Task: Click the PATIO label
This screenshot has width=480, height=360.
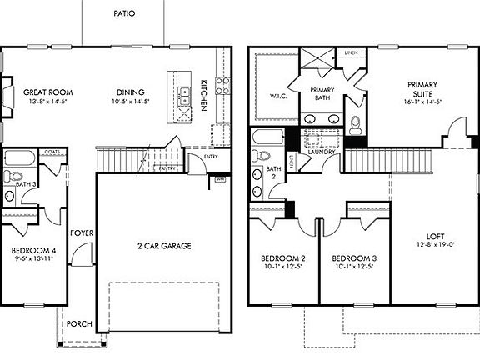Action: tap(124, 13)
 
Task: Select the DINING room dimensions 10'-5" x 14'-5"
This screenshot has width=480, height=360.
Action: tap(131, 102)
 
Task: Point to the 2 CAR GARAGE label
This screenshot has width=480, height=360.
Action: tap(164, 246)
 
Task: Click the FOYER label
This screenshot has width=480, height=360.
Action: tap(81, 233)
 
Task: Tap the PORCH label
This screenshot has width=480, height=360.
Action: tap(80, 324)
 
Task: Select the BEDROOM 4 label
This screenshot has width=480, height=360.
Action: tap(34, 249)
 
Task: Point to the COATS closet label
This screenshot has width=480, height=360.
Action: tap(52, 152)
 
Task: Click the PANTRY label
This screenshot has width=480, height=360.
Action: tap(167, 168)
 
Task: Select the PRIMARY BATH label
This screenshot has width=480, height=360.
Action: tap(322, 94)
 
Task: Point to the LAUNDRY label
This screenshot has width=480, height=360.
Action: tap(321, 152)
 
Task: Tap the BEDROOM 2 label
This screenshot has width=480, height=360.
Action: tap(282, 257)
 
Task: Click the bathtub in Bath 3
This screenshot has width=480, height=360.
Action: tap(18, 157)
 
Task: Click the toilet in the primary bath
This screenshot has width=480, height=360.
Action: tap(356, 124)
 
